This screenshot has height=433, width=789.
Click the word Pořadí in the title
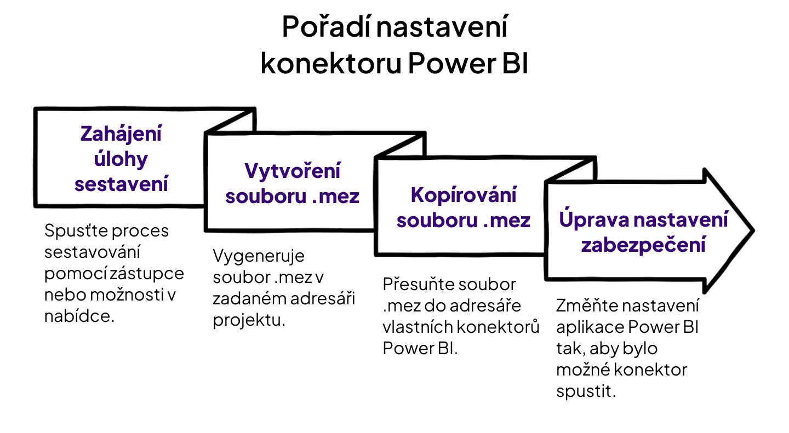[x=326, y=27]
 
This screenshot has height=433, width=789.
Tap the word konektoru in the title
[x=331, y=63]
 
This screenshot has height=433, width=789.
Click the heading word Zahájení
[x=121, y=135]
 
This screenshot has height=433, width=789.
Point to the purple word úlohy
[x=121, y=159]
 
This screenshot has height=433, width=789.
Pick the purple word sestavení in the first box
[x=121, y=184]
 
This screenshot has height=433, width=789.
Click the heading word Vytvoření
[x=293, y=171]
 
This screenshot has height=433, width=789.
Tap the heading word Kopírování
[x=463, y=195]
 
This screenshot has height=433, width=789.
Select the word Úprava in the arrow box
[x=594, y=219]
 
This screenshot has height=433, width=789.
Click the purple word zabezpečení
[x=643, y=245]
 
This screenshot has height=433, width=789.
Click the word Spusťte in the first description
[x=76, y=231]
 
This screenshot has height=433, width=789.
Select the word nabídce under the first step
[x=79, y=316]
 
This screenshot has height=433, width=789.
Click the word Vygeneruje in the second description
[x=259, y=256]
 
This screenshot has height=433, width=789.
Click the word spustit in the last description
[x=586, y=391]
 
